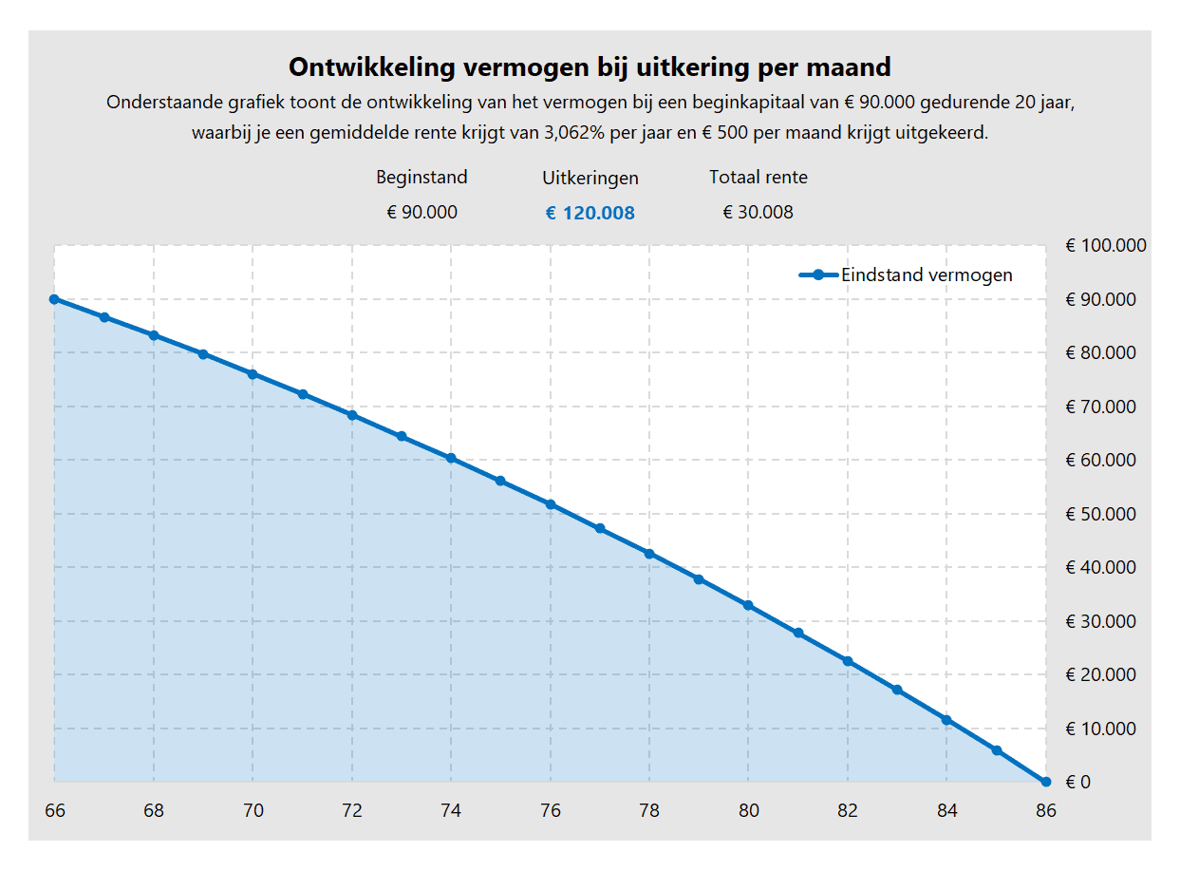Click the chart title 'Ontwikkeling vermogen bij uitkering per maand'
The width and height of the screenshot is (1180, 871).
point(590,67)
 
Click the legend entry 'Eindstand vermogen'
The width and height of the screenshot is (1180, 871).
point(926,275)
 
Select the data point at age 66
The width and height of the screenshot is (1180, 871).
point(54,299)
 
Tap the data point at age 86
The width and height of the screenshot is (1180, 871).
point(1045,782)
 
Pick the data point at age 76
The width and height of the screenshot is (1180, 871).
point(550,504)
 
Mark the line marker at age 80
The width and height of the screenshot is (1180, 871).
point(748,605)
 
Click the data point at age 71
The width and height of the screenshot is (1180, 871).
point(302,394)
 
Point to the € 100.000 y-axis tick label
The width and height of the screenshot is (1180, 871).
point(1105,245)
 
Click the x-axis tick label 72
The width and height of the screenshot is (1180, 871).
point(351,811)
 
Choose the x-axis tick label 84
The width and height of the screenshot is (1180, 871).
point(946,811)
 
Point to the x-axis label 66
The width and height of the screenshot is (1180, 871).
point(55,811)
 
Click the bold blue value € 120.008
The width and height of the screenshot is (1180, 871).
point(590,214)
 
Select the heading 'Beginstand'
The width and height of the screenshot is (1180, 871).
point(421,178)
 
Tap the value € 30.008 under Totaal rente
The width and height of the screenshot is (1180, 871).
point(758,213)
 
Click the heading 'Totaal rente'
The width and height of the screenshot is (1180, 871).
point(758,178)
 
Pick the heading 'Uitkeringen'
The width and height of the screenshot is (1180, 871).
point(590,179)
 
